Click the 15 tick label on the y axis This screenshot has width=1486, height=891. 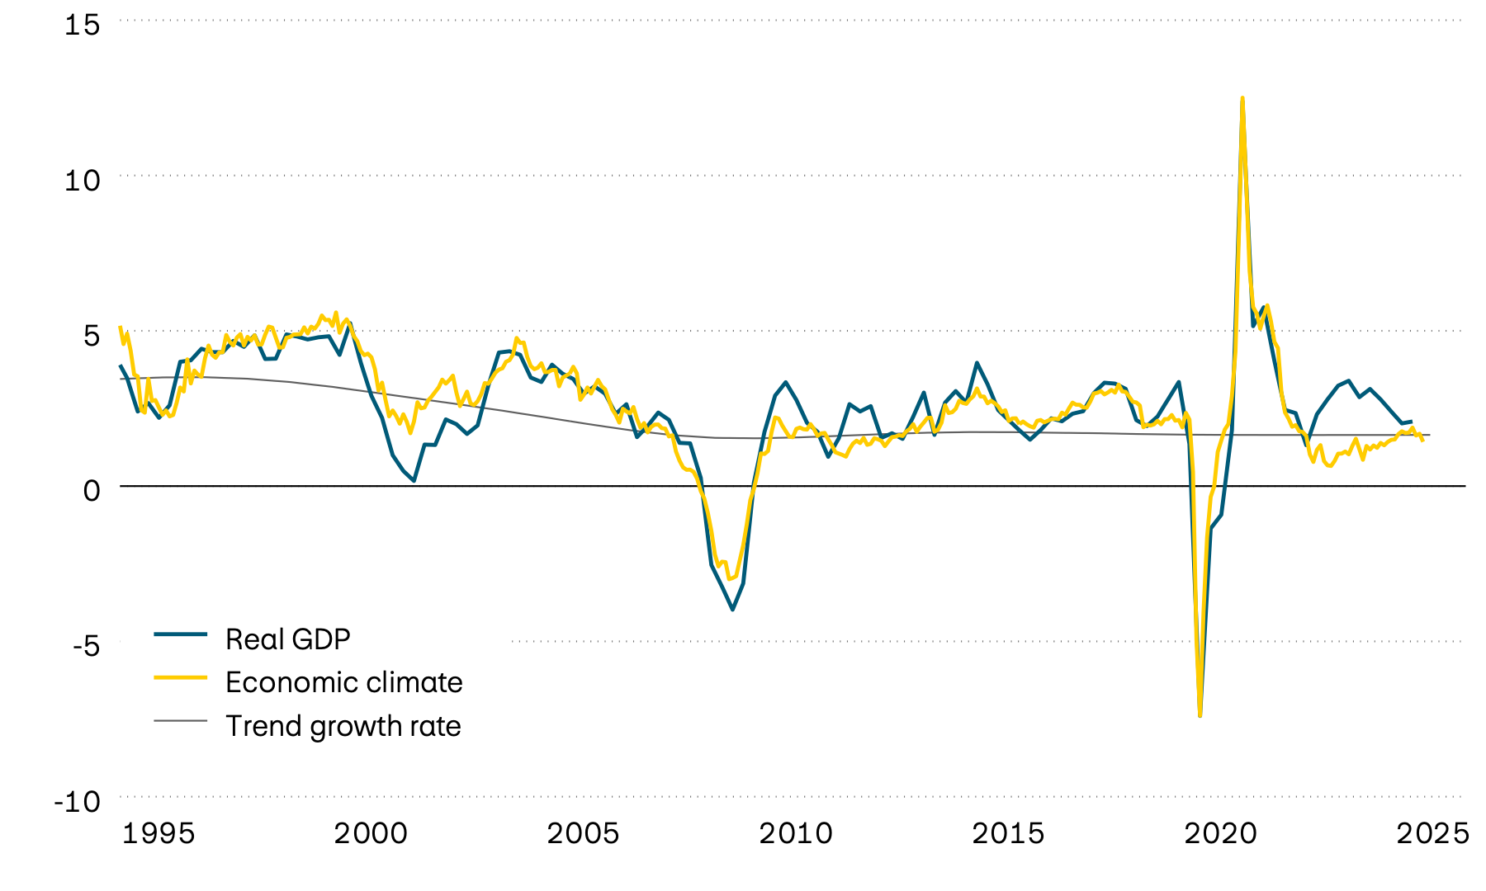point(82,25)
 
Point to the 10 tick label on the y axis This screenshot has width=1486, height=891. point(82,180)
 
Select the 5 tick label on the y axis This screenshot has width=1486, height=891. point(91,335)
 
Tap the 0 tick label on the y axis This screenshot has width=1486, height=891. point(91,490)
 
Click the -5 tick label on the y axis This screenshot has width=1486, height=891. point(86,645)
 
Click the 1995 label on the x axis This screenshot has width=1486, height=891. point(159,833)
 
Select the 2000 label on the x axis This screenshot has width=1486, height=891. point(371,833)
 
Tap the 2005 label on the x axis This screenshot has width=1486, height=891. point(583,833)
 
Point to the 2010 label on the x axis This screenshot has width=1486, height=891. point(796,833)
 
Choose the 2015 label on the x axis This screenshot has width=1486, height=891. point(1008,833)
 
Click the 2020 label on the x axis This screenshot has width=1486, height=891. point(1220,833)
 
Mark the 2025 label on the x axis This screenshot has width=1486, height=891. point(1432,833)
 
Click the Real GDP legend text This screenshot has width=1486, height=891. point(288,639)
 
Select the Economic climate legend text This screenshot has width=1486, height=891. point(343,682)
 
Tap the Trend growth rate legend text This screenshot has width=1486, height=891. point(343,726)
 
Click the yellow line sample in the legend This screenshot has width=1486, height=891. point(180,677)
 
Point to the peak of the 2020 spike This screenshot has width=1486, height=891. point(1242,98)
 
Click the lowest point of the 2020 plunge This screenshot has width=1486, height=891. point(1200,714)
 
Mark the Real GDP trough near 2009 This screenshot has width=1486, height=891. point(732,610)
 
